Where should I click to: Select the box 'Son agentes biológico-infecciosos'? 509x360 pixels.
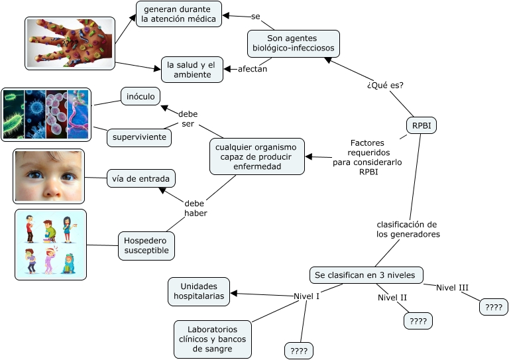294,44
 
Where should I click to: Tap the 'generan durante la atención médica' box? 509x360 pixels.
178,14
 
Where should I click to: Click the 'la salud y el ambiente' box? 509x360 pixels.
191,70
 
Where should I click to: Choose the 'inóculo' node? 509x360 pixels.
140,97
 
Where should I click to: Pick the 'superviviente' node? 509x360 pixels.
139,137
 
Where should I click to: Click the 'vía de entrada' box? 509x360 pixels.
141,178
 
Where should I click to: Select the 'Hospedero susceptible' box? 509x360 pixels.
146,245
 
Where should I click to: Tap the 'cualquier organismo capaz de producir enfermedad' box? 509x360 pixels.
257,156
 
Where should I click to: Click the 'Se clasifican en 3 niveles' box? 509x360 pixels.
366,274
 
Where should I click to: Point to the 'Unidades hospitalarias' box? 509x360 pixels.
199,292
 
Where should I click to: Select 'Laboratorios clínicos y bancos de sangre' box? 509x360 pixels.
212,339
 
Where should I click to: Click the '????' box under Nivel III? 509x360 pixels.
492,307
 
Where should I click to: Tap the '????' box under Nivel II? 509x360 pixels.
418,322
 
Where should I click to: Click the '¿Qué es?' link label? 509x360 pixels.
385,86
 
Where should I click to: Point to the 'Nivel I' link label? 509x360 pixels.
306,296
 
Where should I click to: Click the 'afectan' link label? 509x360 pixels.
253,69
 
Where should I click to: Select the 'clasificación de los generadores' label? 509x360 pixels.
408,229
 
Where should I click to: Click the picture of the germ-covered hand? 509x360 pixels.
70,42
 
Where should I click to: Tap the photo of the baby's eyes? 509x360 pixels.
48,176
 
